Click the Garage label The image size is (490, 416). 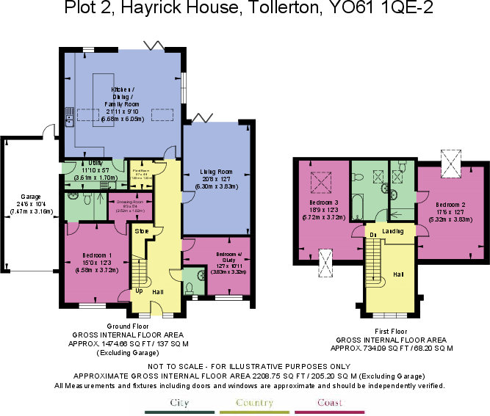click(29, 197)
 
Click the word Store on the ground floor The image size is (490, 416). click(142, 230)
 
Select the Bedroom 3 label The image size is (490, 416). click(323, 202)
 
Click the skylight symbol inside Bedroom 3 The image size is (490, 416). click(321, 180)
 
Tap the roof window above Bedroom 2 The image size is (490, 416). click(451, 162)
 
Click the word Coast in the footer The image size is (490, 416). click(330, 403)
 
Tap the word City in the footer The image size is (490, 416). click(180, 403)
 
